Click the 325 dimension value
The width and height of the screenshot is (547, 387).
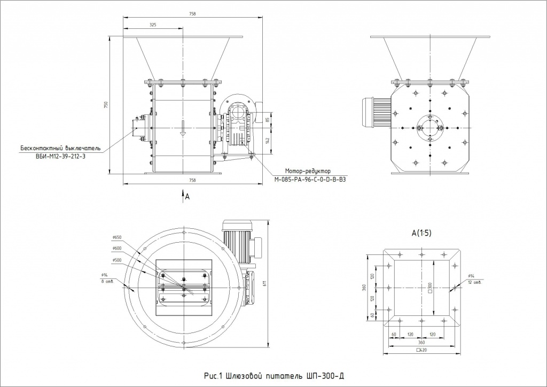tap(153, 25)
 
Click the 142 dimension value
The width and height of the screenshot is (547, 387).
tap(267, 140)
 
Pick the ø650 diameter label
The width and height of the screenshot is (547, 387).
tap(118, 237)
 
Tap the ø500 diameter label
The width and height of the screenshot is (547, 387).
tap(117, 260)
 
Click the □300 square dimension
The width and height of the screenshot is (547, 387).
tap(430, 289)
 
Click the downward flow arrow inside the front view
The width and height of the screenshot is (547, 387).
tap(183, 129)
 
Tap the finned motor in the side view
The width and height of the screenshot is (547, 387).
tap(377, 113)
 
